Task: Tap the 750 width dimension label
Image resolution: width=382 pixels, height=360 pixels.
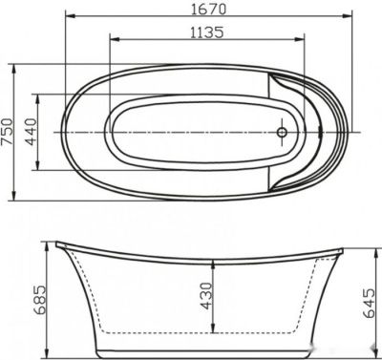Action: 9,133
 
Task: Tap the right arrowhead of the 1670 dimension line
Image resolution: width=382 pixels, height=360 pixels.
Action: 350,19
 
